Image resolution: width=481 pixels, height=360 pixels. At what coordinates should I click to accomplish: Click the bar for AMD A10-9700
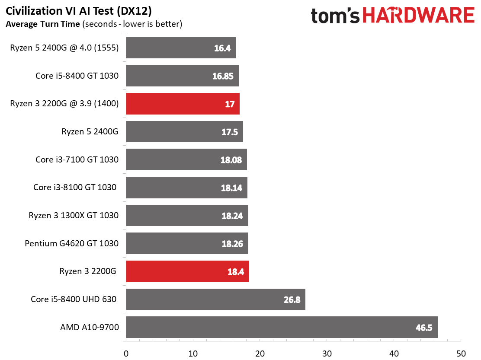(x=282, y=327)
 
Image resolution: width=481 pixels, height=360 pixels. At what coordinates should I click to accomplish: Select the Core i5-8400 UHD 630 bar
(x=215, y=299)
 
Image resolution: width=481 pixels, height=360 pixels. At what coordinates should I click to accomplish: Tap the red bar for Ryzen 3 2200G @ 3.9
(x=183, y=104)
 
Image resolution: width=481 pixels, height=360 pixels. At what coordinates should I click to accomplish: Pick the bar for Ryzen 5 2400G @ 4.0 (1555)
(x=181, y=48)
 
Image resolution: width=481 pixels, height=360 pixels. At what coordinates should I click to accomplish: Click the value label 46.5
(x=424, y=328)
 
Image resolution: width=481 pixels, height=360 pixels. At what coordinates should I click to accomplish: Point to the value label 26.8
(x=292, y=299)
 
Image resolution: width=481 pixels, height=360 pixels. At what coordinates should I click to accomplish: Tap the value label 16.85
(x=223, y=76)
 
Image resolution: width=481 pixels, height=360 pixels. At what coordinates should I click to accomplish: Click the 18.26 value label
(x=233, y=244)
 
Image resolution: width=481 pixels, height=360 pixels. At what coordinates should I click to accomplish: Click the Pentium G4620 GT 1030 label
(x=72, y=243)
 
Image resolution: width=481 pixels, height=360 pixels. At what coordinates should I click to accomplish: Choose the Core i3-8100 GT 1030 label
(x=75, y=188)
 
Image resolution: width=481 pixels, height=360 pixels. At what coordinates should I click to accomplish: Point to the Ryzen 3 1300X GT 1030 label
(x=74, y=215)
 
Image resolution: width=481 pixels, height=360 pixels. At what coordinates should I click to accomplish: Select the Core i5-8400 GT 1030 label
(x=77, y=76)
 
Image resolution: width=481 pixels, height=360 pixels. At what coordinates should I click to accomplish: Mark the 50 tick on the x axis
(x=461, y=353)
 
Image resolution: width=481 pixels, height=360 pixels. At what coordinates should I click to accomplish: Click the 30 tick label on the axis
(x=327, y=353)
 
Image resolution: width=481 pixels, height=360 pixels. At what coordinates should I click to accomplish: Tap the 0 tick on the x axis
(x=126, y=353)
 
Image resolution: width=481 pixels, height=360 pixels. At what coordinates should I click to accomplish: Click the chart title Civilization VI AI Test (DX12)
(x=79, y=10)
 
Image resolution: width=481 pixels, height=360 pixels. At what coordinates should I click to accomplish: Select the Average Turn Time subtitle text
(x=42, y=24)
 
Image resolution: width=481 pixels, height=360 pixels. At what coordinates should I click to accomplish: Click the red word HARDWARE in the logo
(x=418, y=16)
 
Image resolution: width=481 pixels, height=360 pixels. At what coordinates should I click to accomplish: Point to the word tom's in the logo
(x=336, y=16)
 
